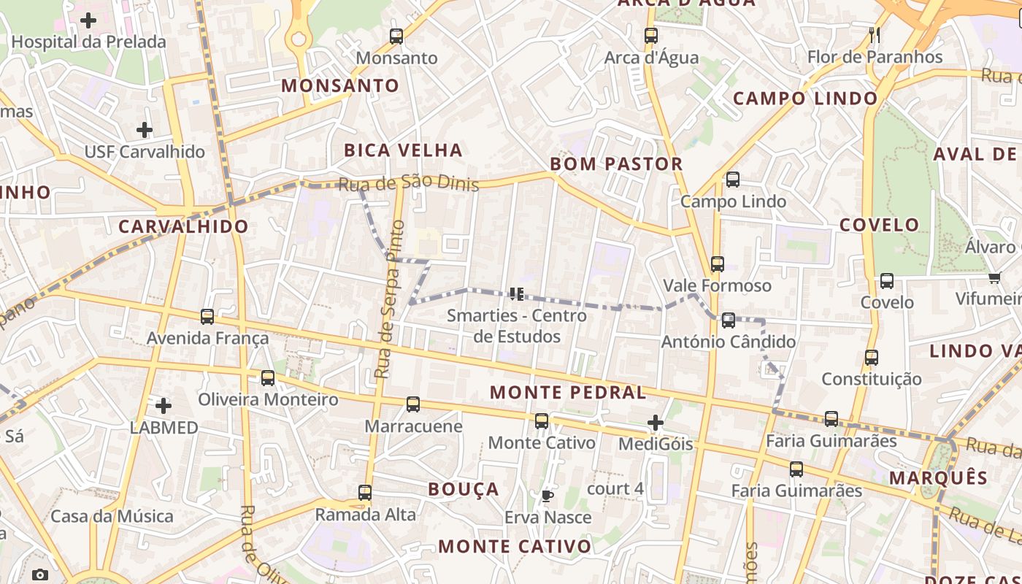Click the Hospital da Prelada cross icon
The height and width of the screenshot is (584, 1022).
click(88, 20)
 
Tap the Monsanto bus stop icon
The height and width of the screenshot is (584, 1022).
click(396, 36)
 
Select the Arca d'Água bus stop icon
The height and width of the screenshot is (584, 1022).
click(651, 35)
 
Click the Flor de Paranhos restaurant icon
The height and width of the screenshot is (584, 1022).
click(875, 34)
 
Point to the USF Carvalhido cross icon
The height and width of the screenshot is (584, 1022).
click(145, 130)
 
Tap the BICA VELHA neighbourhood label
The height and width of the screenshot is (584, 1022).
click(403, 150)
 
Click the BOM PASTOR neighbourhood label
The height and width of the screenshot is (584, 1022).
click(616, 164)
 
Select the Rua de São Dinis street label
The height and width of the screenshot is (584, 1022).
click(409, 182)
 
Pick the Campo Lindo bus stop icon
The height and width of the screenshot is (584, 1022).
click(733, 180)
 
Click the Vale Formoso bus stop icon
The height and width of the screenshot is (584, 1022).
click(718, 264)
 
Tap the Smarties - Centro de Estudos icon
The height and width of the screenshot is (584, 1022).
click(517, 294)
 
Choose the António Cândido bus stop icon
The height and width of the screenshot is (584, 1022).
click(728, 320)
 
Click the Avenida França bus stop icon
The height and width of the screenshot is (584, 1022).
click(207, 317)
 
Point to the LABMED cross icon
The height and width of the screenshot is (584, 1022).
click(164, 405)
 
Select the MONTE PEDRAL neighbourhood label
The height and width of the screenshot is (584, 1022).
click(567, 392)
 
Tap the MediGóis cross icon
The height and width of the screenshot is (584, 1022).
click(656, 422)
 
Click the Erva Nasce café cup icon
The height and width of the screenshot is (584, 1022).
click(547, 496)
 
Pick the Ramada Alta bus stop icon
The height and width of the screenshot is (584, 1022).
click(365, 493)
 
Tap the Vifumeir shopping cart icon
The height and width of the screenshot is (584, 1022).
click(994, 277)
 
